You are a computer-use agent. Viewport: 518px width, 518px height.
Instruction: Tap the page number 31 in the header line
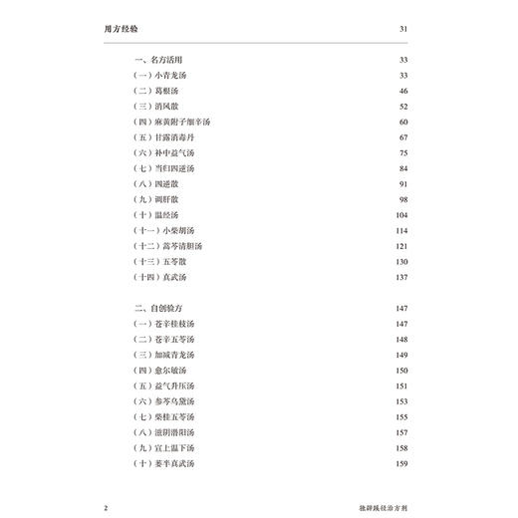(x=402, y=28)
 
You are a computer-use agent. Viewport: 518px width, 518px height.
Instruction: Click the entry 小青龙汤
(x=165, y=76)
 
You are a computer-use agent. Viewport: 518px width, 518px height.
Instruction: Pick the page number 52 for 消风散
(x=402, y=106)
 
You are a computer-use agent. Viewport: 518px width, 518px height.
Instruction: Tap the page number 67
(x=402, y=136)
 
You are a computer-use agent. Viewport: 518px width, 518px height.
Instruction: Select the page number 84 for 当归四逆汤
(x=402, y=167)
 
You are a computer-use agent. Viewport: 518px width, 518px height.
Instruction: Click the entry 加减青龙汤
(x=169, y=355)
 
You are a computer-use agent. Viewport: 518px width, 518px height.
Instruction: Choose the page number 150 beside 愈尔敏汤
(x=400, y=370)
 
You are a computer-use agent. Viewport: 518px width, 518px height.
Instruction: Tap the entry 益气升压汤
(x=169, y=386)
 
